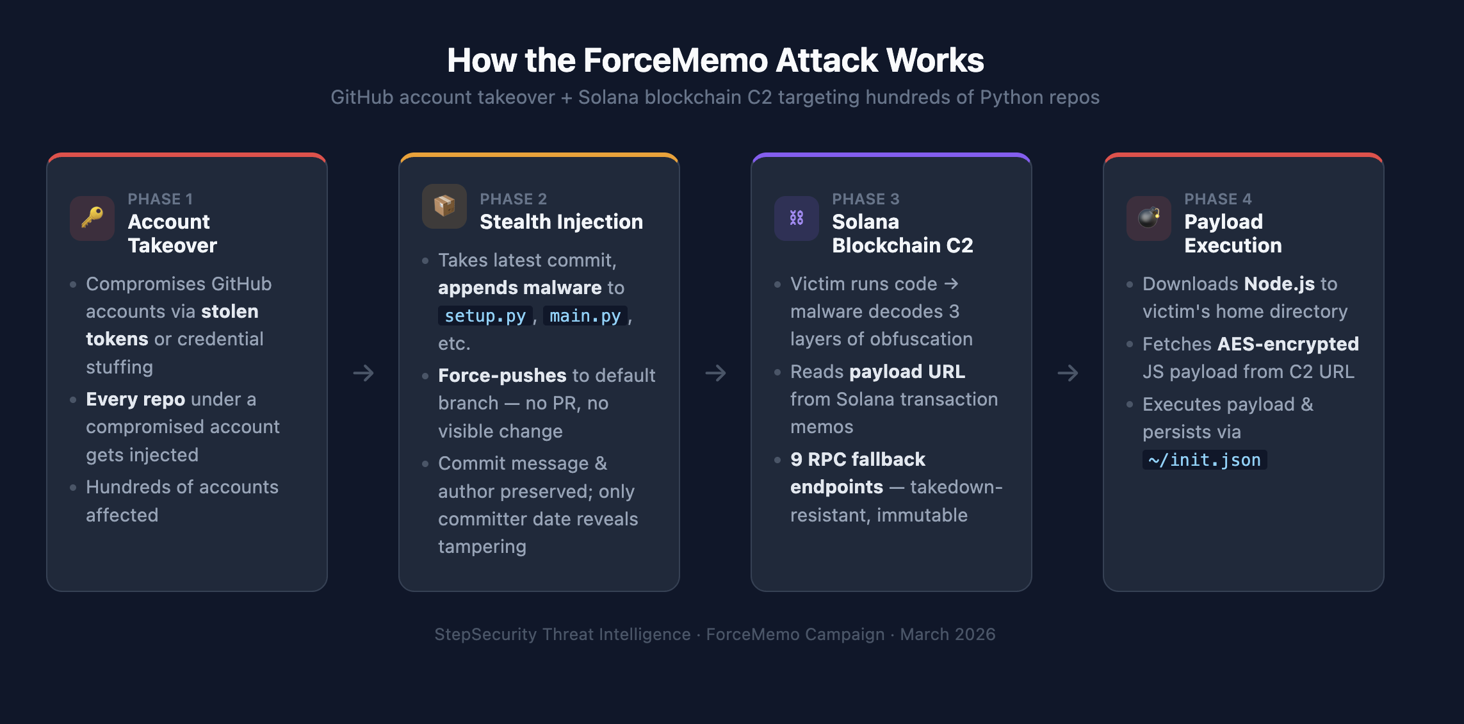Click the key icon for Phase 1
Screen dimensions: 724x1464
(92, 218)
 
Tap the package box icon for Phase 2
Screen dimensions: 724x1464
(444, 206)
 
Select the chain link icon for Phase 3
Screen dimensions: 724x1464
(796, 218)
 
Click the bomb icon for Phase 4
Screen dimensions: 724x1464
(1149, 218)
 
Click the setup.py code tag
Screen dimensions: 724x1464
(485, 316)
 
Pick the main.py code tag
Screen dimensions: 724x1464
(585, 316)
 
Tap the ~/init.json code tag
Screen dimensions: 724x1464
(1204, 460)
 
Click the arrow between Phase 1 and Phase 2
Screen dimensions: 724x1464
(363, 373)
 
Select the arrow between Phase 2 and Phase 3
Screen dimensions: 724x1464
(715, 373)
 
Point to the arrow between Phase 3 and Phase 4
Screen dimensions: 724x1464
(1068, 373)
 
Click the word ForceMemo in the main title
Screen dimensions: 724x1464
(675, 60)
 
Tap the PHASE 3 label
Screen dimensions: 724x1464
(865, 199)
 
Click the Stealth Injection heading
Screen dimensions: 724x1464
(561, 222)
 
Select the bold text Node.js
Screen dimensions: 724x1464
(1279, 284)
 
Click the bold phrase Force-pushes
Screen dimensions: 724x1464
(502, 375)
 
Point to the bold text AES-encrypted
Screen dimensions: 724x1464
(1287, 344)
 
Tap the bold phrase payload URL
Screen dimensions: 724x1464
(907, 372)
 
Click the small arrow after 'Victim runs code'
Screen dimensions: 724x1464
(952, 283)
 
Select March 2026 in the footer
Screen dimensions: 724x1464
(947, 634)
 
